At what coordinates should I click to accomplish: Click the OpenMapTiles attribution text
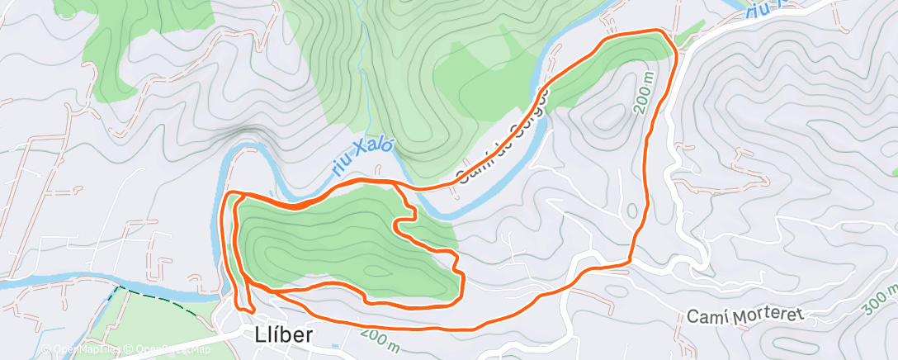[x=82, y=350]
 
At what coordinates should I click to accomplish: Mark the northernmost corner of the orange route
[x=659, y=31]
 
